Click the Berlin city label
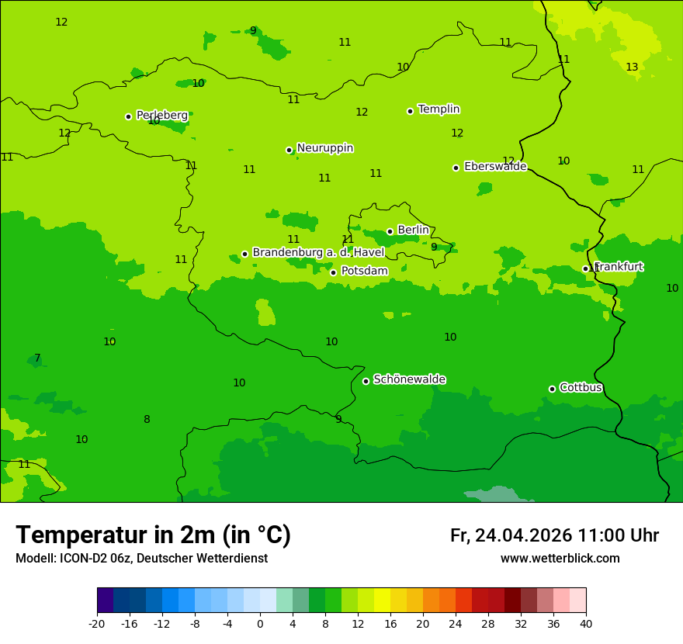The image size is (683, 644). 413,230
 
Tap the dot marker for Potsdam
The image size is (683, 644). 333,272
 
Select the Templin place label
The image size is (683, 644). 439,109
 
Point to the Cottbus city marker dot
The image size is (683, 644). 552,389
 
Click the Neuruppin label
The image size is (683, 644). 324,148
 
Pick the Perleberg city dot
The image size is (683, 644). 128,116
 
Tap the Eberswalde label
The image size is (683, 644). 495,167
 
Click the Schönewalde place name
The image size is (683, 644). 409,379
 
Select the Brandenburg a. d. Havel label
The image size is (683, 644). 318,253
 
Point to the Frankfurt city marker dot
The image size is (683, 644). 585,268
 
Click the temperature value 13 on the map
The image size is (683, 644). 632,68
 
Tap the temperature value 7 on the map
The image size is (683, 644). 37,358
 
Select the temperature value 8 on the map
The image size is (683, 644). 147,420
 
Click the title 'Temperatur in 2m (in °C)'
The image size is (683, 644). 153,535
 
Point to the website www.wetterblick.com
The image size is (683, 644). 560,559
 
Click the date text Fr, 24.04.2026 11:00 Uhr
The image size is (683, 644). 554,535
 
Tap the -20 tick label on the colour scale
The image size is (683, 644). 97,623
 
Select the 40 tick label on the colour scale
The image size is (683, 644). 586,623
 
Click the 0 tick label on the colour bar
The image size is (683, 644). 260,623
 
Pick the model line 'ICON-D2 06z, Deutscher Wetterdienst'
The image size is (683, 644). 141,559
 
